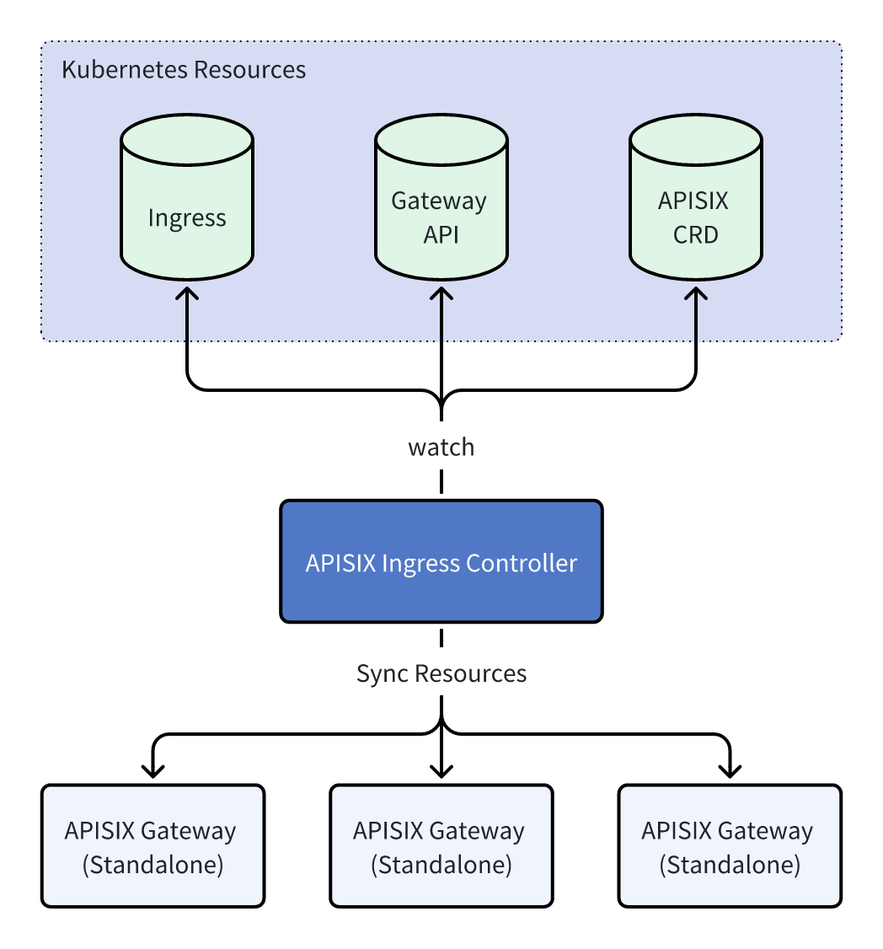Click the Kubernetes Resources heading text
pyautogui.click(x=184, y=69)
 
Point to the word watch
pyautogui.click(x=441, y=448)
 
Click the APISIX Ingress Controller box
pyautogui.click(x=441, y=562)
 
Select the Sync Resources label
pyautogui.click(x=441, y=673)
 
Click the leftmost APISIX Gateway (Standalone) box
pyautogui.click(x=153, y=846)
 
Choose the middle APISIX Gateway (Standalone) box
pyautogui.click(x=441, y=846)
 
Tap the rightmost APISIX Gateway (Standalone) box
pyautogui.click(x=729, y=846)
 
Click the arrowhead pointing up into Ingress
pyautogui.click(x=187, y=292)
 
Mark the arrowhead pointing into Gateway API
pyautogui.click(x=441, y=292)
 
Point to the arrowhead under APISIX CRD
pyautogui.click(x=696, y=292)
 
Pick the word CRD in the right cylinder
pyautogui.click(x=696, y=234)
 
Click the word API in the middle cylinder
pyautogui.click(x=441, y=234)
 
